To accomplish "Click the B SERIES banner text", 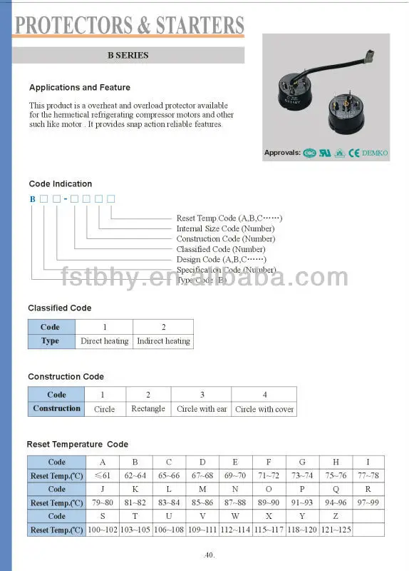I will pos(128,55).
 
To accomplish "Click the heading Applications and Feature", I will pos(80,88).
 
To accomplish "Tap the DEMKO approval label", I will pos(374,153).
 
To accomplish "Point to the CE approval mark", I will pos(353,153).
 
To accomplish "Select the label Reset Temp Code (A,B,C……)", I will pos(229,218).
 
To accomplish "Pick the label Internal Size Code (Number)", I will pos(225,228).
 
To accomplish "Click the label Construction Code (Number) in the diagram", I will pos(226,239).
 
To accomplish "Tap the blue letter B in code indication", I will pos(32,198).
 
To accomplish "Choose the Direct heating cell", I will pos(105,341).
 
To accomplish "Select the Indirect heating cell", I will pos(163,341).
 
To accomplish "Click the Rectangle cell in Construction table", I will pos(148,409).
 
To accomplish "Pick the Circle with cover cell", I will pos(264,409).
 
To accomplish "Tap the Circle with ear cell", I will pos(202,409).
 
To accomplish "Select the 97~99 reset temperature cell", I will pos(368,503).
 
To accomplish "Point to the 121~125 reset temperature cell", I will pos(336,530).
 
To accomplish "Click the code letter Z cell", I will pos(336,517).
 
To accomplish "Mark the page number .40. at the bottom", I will pos(209,555).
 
